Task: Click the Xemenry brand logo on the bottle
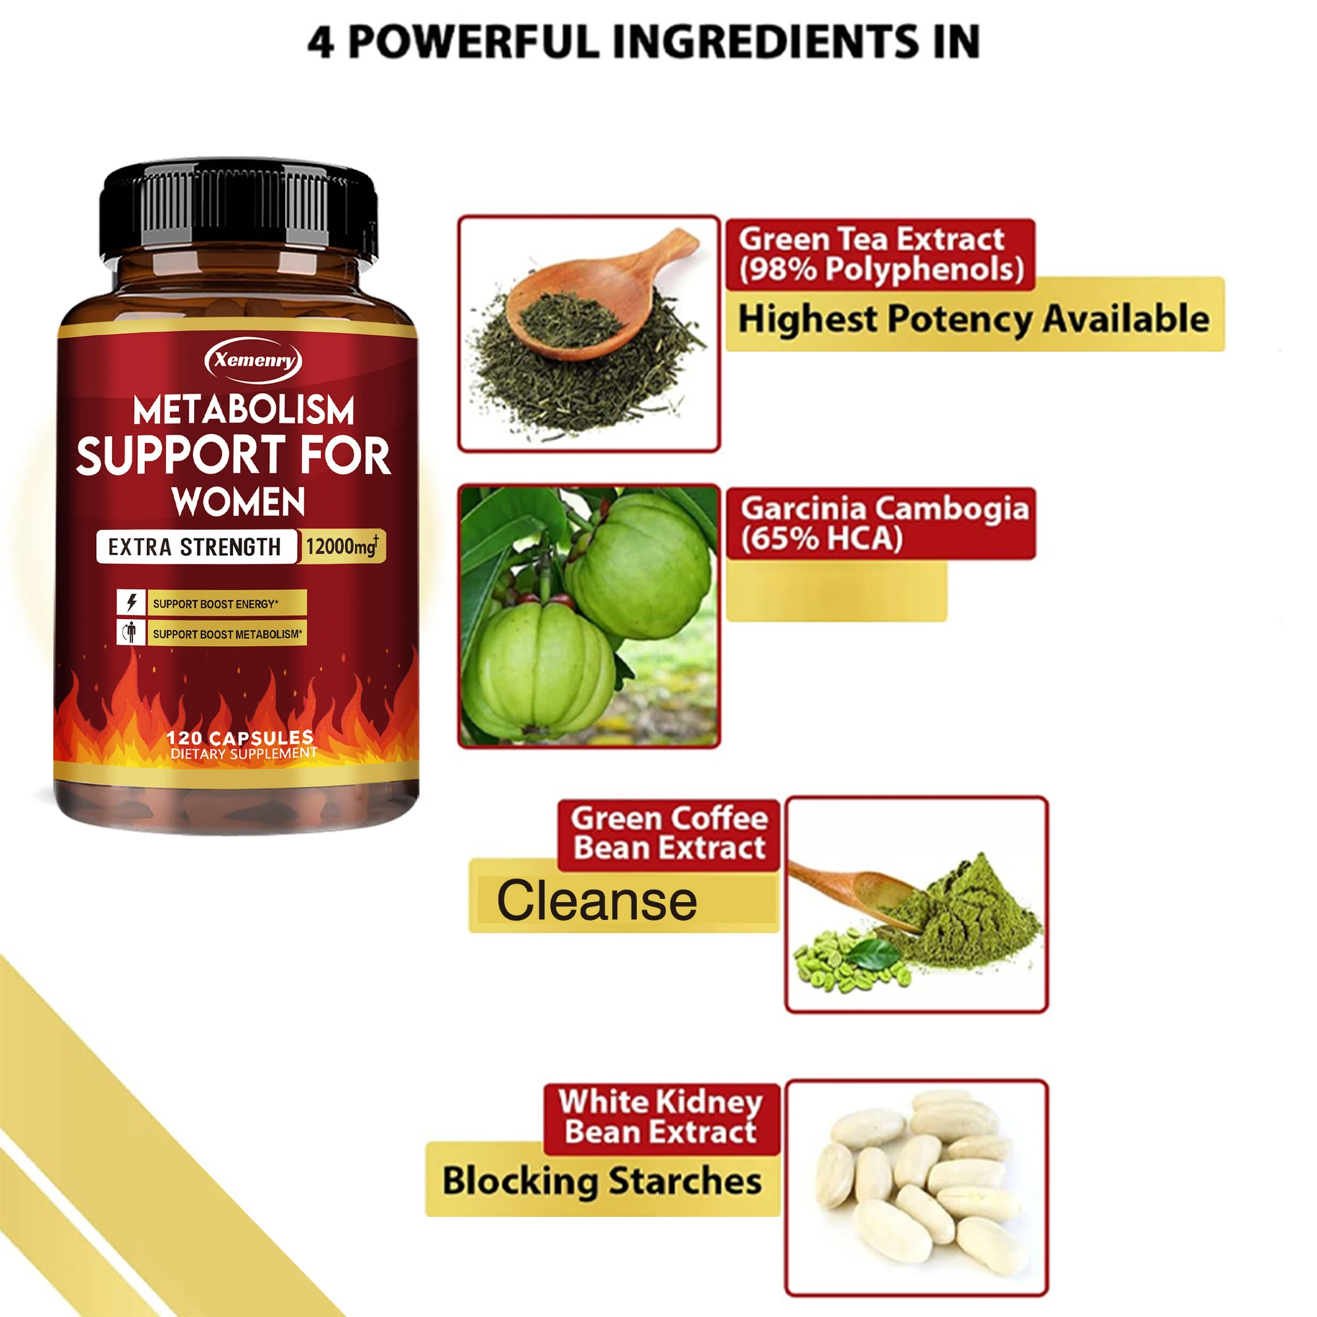click(253, 360)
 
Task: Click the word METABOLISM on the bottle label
click(244, 410)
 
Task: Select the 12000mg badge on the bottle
click(342, 546)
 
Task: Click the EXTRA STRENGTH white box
click(196, 547)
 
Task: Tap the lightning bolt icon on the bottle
click(131, 603)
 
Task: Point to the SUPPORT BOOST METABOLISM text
click(227, 634)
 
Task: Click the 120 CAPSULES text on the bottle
click(240, 738)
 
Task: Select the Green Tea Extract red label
click(879, 254)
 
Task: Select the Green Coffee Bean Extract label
click(669, 833)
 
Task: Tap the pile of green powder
click(968, 913)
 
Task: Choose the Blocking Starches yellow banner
click(602, 1180)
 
